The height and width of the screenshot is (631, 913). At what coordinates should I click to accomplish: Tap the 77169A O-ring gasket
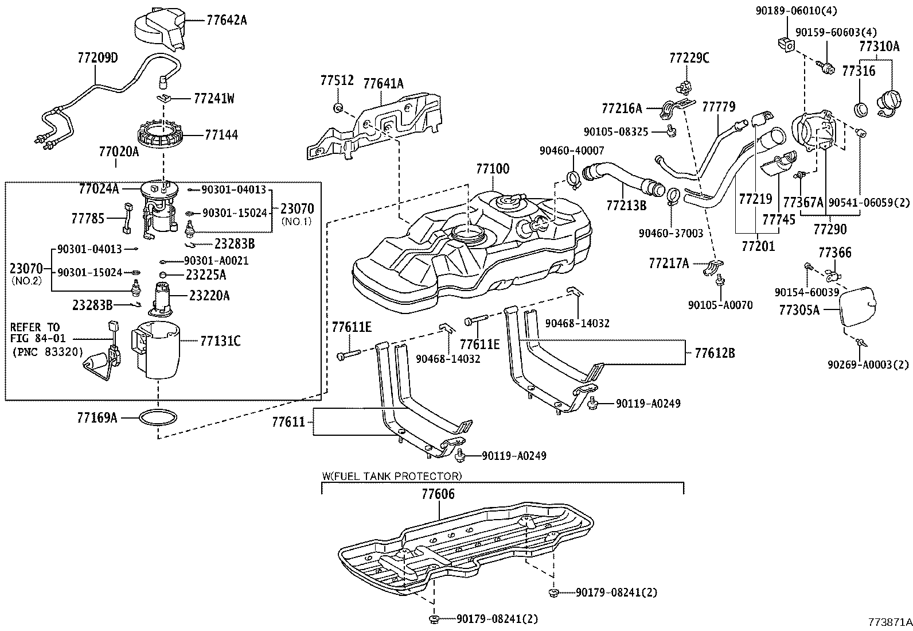coord(158,417)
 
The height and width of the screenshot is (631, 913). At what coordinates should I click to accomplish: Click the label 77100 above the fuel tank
coord(492,169)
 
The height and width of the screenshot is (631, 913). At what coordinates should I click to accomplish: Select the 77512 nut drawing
coord(339,107)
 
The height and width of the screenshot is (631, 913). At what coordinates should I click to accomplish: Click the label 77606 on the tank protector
coord(438,494)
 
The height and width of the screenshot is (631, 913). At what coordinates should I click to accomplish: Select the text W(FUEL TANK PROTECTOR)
coord(391,476)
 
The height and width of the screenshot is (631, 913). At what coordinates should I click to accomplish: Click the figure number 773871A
coord(889,622)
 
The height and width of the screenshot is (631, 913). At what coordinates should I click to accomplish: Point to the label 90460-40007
coord(572,150)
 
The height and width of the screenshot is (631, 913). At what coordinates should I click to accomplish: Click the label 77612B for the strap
coord(714,353)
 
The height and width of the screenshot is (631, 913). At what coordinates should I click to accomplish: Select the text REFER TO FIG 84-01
coord(34,332)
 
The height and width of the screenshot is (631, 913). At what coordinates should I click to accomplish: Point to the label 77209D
coord(97,58)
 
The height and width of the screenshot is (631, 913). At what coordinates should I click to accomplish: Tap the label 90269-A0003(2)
coord(868,364)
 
